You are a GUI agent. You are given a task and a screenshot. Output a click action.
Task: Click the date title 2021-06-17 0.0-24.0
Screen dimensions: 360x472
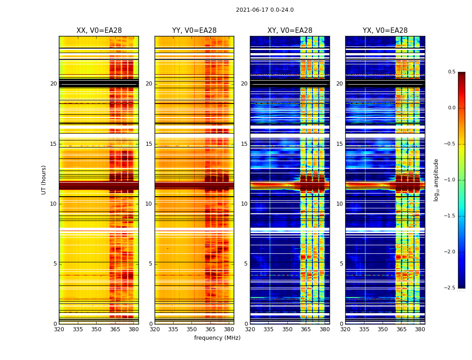[265, 10]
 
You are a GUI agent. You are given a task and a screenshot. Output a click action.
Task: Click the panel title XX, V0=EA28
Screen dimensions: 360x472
[99, 31]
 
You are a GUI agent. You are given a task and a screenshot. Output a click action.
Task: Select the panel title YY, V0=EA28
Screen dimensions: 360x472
[194, 31]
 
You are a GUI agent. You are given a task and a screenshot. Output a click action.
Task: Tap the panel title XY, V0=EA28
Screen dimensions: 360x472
[290, 31]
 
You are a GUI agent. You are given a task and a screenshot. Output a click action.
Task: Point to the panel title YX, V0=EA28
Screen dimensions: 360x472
[385, 31]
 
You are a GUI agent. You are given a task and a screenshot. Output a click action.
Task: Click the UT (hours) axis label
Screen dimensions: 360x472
[44, 180]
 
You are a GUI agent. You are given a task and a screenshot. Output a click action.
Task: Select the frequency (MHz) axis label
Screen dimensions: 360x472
[217, 338]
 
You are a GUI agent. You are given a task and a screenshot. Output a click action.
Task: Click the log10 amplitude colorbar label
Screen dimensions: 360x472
[436, 180]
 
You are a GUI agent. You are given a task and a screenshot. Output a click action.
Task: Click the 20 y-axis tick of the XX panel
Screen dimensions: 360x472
[53, 84]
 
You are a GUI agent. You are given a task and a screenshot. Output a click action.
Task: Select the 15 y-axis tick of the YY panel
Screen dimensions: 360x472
[149, 144]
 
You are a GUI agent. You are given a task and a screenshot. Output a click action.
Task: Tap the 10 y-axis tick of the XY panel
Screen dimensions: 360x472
[245, 204]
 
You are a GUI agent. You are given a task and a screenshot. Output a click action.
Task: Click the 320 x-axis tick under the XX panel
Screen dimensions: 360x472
[59, 329]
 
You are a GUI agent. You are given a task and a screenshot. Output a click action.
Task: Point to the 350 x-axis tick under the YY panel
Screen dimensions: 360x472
[192, 329]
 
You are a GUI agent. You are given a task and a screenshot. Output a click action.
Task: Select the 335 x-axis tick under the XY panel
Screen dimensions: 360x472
[269, 329]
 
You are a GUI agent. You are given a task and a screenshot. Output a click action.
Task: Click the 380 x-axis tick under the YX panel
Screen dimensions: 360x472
[420, 329]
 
